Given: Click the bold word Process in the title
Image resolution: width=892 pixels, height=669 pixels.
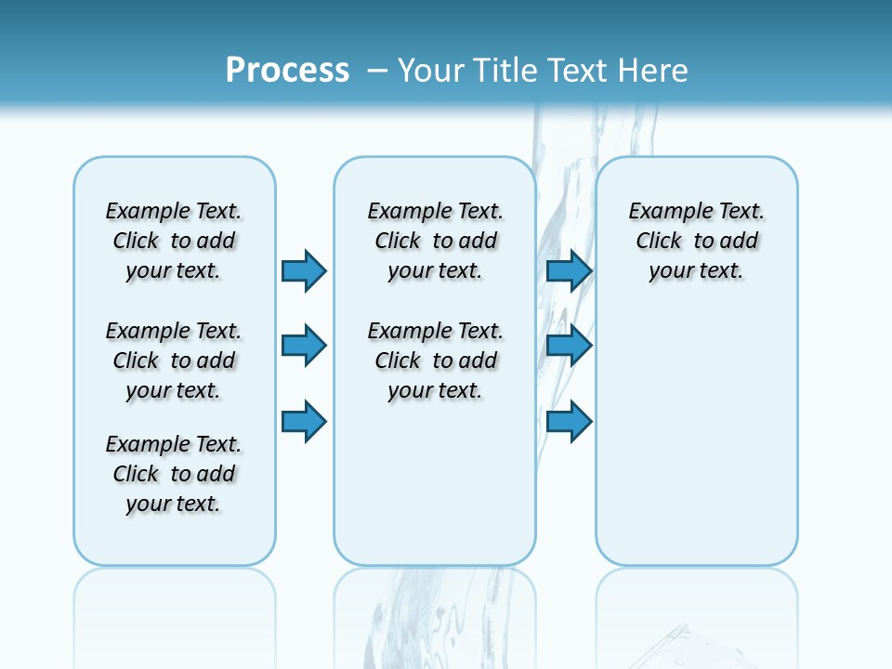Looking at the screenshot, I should (x=287, y=70).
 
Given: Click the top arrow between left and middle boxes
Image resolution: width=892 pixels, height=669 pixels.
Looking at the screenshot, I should (x=304, y=270).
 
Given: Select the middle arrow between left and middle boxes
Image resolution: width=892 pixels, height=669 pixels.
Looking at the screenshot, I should (x=304, y=346).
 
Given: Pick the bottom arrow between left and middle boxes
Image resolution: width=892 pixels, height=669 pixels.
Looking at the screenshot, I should (x=304, y=422).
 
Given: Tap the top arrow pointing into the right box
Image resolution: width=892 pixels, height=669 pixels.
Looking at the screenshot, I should (x=569, y=270).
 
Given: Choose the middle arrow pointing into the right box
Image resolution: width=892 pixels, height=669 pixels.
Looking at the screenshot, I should (x=569, y=346).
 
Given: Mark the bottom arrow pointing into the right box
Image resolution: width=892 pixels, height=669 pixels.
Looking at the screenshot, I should (x=569, y=422).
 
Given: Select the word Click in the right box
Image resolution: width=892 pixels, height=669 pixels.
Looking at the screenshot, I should (x=659, y=242).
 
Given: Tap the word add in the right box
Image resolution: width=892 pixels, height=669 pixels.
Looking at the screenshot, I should (x=740, y=242).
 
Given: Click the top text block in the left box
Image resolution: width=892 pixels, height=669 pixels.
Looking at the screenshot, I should (x=174, y=241).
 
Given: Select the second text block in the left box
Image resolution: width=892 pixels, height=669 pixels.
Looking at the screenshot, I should (x=174, y=361).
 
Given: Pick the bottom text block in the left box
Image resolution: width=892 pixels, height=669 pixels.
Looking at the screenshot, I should (x=174, y=474).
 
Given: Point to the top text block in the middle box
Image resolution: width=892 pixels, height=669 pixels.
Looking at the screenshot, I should (x=435, y=241).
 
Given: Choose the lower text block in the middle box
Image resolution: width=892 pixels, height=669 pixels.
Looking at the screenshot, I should (x=435, y=361).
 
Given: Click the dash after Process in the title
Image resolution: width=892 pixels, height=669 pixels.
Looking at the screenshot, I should (x=377, y=71).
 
